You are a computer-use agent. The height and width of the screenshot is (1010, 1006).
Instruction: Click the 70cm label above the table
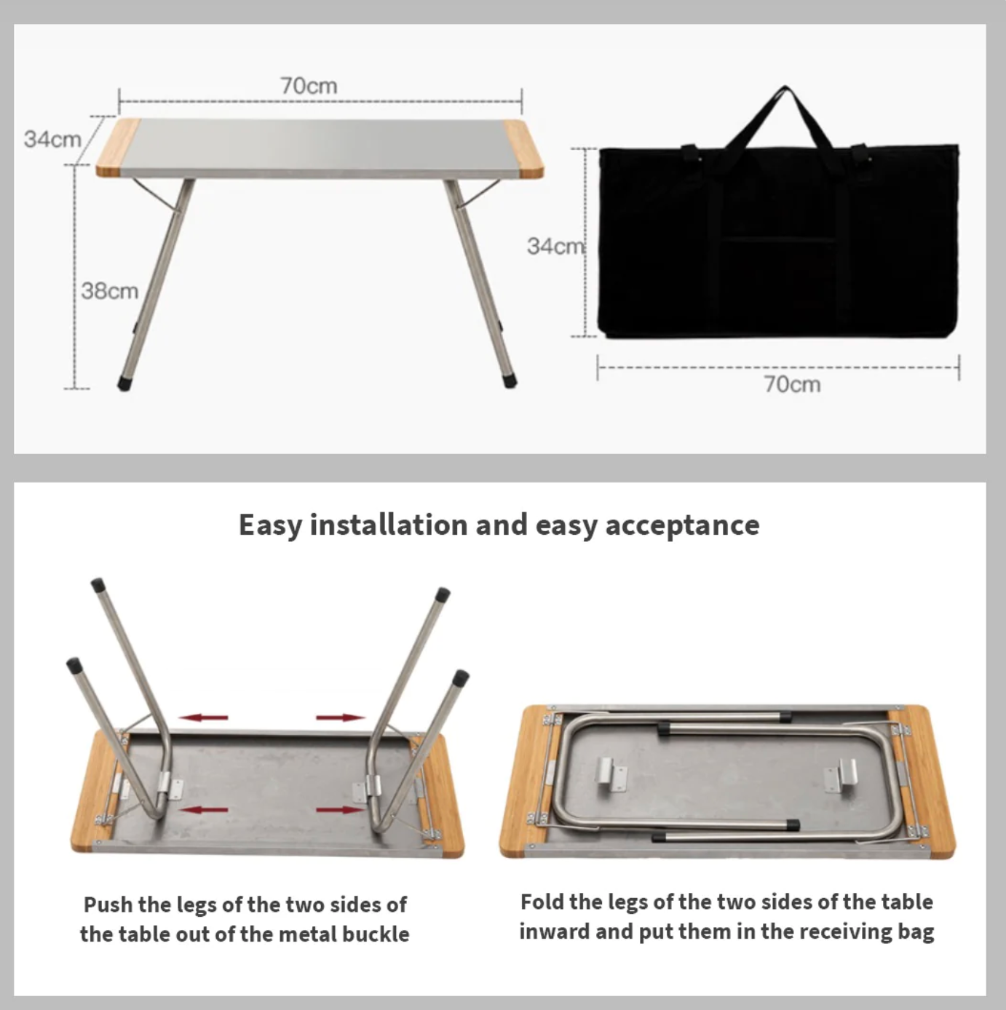coord(309,86)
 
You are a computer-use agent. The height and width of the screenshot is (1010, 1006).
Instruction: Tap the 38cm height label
coord(110,291)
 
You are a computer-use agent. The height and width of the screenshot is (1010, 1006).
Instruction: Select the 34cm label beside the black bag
coord(555,247)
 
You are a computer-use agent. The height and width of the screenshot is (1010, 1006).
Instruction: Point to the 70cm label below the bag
coord(792,385)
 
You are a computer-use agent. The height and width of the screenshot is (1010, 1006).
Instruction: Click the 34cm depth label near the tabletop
coord(52,140)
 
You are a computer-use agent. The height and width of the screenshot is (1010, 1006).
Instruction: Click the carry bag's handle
coord(785,115)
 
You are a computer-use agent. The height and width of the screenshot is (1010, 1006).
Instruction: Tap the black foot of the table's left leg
coord(124,383)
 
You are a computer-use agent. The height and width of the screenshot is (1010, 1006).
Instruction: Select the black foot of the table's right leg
coord(510,381)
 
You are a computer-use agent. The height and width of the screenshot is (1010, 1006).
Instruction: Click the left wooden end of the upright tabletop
coord(118,148)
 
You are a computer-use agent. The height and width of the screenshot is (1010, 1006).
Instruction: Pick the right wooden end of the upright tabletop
coord(523,149)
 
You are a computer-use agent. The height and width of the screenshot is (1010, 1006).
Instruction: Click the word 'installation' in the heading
coord(389,525)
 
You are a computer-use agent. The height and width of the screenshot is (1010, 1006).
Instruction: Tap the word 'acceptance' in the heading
coord(682,525)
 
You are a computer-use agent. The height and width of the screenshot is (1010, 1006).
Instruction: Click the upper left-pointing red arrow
coord(204,717)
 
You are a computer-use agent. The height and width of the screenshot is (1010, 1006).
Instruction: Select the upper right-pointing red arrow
coord(341,717)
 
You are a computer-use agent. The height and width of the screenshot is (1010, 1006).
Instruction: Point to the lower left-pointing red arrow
coord(204,810)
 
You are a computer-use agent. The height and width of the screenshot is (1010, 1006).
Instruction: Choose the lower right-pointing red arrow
coord(341,810)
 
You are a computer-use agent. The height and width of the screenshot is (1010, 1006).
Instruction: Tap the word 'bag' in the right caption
coord(917,933)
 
